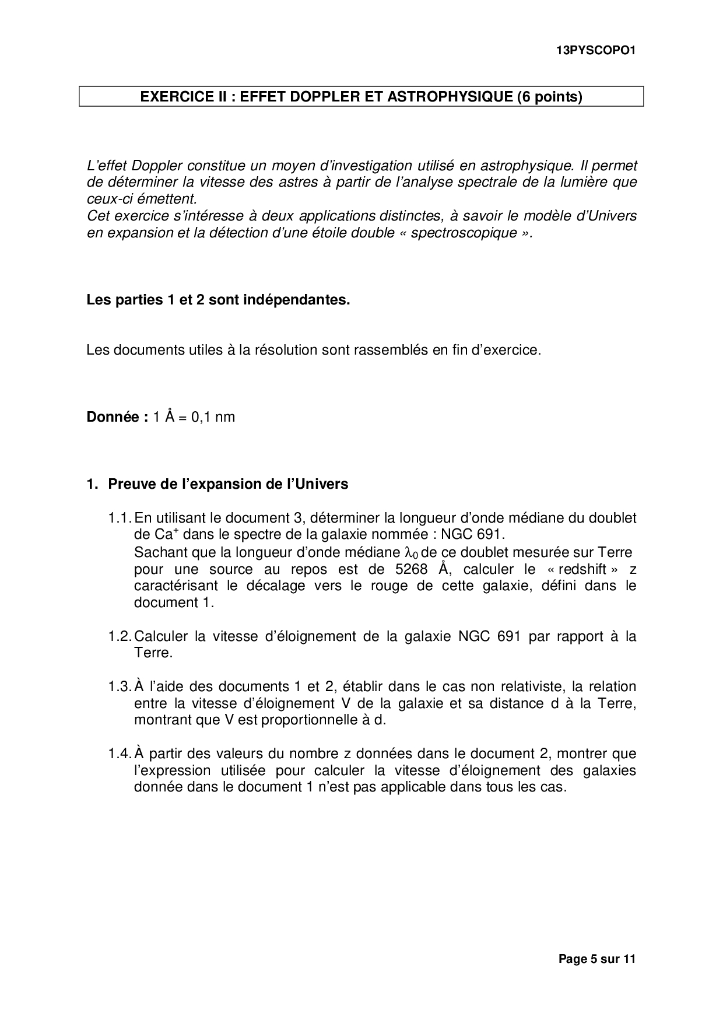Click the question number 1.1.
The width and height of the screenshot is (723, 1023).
click(x=120, y=518)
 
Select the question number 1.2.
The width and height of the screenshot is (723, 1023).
click(x=120, y=636)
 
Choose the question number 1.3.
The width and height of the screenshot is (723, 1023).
click(x=120, y=686)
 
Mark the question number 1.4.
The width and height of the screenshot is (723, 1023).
click(x=120, y=754)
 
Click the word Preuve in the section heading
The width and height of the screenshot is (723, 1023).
click(x=130, y=484)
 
